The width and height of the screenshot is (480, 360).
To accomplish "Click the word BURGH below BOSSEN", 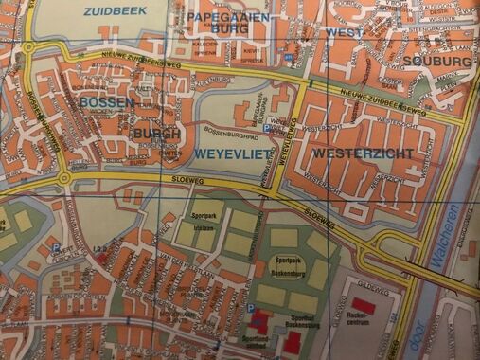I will click(156, 135).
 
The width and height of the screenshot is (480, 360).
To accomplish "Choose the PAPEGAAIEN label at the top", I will click(228, 17).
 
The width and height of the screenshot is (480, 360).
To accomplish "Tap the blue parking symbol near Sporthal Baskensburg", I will click(249, 309).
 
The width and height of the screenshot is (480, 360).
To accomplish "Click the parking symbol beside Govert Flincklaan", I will click(55, 249).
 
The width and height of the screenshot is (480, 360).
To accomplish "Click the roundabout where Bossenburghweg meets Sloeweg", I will click(63, 177).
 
